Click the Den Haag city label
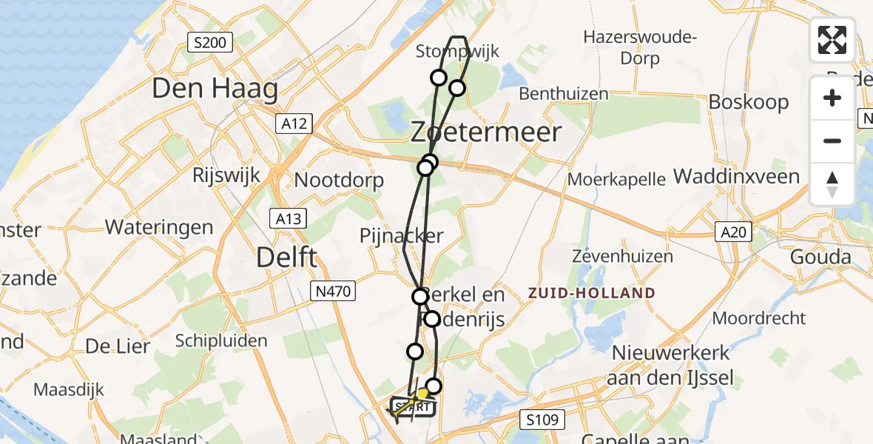(215, 90)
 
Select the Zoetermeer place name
(486, 132)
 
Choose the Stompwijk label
(457, 52)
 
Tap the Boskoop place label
(749, 101)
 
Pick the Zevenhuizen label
(623, 257)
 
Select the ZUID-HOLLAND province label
(592, 293)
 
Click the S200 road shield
(210, 43)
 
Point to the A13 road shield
(289, 218)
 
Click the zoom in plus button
(832, 98)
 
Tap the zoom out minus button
(832, 141)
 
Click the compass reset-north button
(832, 184)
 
